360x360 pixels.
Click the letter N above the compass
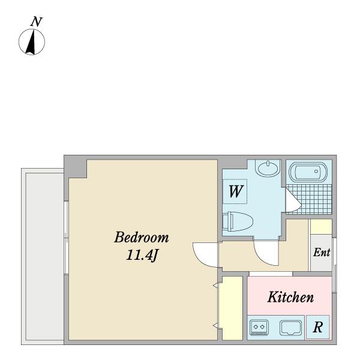[x=36, y=22]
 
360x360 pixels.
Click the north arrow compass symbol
[x=32, y=42]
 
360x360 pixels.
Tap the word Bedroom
[x=142, y=237]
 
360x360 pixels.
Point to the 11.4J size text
[x=142, y=255]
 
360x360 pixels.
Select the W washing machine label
[x=236, y=191]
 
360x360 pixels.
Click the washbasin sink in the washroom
[x=268, y=168]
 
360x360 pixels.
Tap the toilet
[x=238, y=221]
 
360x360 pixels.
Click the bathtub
[x=308, y=172]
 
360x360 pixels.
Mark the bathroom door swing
[x=293, y=200]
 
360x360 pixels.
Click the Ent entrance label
[x=322, y=253]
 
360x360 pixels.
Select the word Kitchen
[x=290, y=296]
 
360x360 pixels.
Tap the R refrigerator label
[x=318, y=327]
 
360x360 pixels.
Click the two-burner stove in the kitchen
[x=259, y=327]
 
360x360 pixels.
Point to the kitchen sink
[x=290, y=328]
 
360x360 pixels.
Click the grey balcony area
[x=45, y=256]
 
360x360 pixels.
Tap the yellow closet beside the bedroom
[x=232, y=308]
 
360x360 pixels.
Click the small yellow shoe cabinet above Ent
[x=321, y=227]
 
